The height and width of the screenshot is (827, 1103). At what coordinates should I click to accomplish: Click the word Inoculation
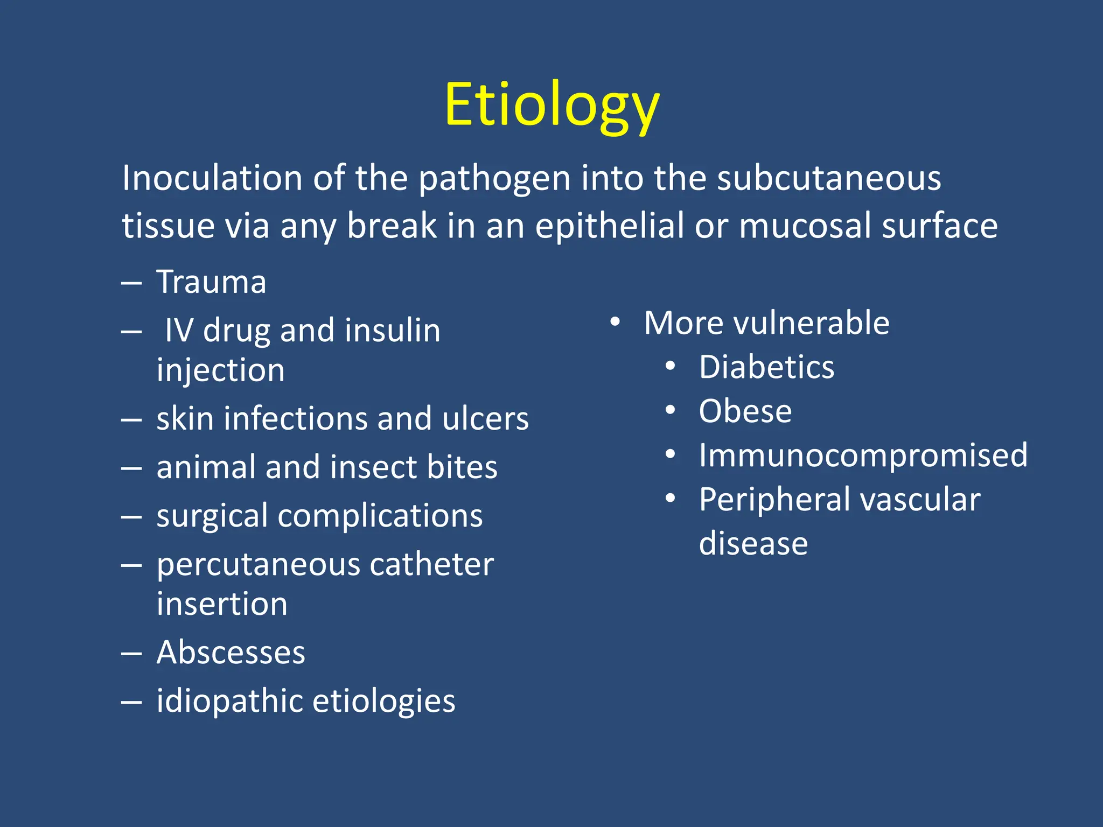point(212,178)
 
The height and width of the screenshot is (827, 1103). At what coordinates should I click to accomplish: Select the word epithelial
point(609,226)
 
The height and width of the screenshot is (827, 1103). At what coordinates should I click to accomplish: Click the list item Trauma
point(211,282)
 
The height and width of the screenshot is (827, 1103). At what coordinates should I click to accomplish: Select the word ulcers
point(485,419)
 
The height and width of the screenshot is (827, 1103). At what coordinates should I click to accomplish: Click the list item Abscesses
point(231,653)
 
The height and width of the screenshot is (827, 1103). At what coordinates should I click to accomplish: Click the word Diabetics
point(766,368)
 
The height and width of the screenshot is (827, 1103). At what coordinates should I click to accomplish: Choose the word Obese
point(745,412)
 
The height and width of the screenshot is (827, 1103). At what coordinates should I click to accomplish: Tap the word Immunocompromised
point(863,455)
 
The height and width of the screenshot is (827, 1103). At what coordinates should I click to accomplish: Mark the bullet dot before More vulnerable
point(615,323)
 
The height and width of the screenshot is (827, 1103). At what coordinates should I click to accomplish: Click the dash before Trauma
point(131,283)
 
